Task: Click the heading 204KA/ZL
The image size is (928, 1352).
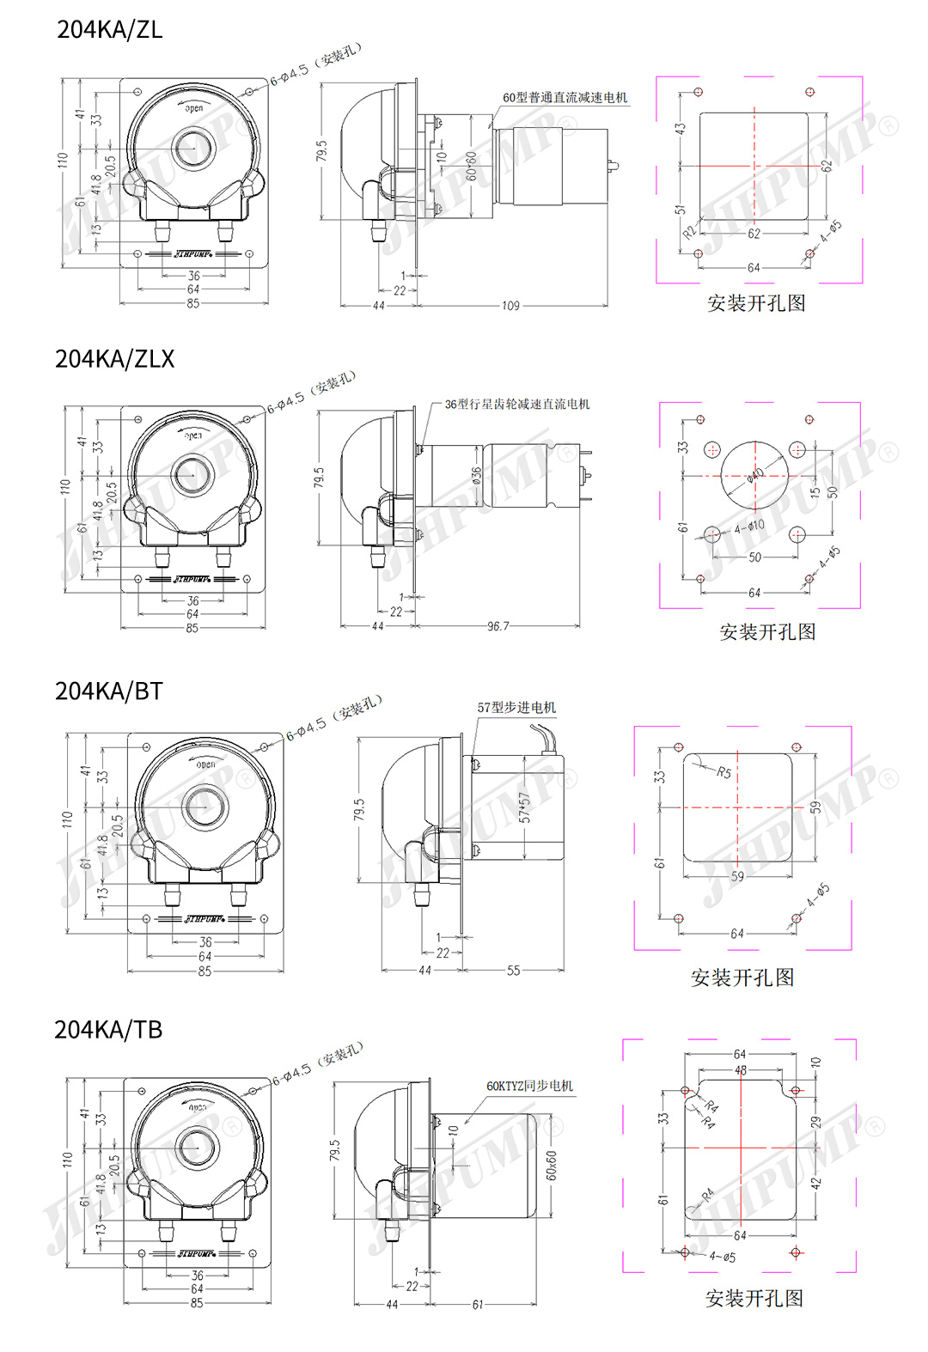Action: point(109,30)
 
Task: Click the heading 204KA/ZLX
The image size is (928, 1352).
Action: point(114,359)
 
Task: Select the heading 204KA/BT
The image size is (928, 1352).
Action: point(108,691)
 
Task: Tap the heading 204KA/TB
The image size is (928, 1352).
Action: point(108,1030)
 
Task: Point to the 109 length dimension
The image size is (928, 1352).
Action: point(510,306)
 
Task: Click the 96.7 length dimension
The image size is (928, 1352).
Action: point(498,627)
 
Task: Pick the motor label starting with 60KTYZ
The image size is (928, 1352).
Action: point(529,1087)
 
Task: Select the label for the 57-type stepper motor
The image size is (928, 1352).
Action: point(516,708)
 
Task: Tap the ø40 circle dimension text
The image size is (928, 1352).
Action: point(755,475)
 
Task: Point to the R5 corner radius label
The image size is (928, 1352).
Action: point(724,772)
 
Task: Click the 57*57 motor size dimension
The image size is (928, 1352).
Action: point(525,807)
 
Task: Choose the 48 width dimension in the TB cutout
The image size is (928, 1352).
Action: point(741,1070)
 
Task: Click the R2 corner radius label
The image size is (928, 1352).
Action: point(689,232)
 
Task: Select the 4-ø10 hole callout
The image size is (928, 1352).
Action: point(748,527)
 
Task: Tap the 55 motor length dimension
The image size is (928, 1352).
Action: point(513,971)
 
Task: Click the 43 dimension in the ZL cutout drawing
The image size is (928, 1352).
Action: point(680,129)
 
